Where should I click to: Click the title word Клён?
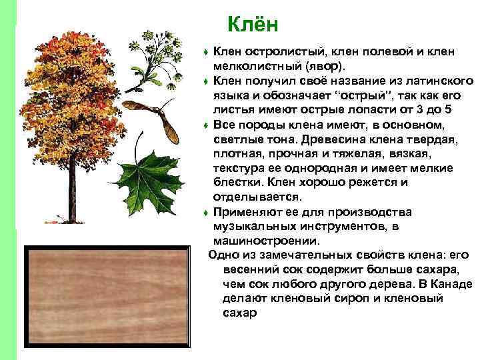(x=251, y=24)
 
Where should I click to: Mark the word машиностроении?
(x=266, y=241)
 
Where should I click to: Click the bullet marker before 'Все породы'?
(x=207, y=125)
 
